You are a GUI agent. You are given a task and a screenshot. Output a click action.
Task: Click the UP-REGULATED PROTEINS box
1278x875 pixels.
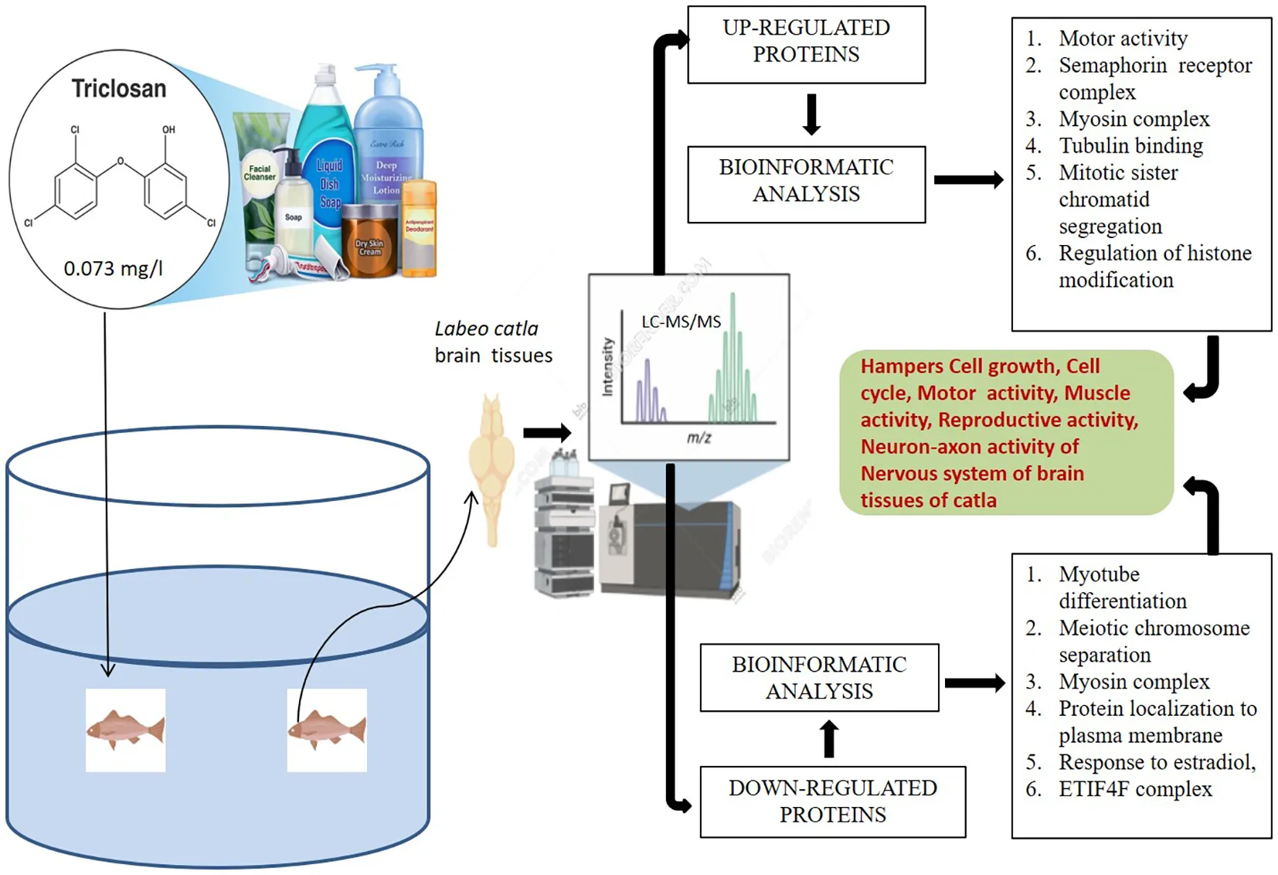pos(806,44)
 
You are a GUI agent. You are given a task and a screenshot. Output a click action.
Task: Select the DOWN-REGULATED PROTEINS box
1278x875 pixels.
pos(832,802)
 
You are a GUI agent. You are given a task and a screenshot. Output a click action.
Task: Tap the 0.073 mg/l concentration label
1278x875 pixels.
pos(113,268)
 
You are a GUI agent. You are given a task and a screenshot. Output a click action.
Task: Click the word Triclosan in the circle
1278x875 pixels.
pos(119,89)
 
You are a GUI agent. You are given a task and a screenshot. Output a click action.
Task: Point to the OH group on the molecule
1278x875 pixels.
pos(168,130)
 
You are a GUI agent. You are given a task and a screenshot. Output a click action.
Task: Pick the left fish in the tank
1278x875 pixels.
pos(125,730)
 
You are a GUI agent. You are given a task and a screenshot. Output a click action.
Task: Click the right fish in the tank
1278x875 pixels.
pos(327,730)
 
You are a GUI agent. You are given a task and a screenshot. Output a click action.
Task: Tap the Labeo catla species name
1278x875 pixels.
pos(486,329)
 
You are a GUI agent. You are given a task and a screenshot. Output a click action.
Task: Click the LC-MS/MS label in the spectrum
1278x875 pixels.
pos(681,322)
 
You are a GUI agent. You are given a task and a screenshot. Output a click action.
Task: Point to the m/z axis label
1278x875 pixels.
pos(698,438)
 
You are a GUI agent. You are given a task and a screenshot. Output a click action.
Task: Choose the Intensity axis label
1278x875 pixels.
pos(607,366)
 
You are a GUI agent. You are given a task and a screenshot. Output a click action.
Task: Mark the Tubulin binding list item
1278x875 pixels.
pos(1130,146)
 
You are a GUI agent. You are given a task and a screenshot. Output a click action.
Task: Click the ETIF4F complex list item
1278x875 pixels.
pos(1135,789)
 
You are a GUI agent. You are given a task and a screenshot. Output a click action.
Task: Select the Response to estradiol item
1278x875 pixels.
pos(1157,762)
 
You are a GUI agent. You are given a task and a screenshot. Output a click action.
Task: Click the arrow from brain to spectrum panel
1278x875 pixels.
pos(547,433)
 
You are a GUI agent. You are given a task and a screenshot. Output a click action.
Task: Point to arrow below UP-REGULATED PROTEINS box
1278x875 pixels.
pos(811,114)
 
